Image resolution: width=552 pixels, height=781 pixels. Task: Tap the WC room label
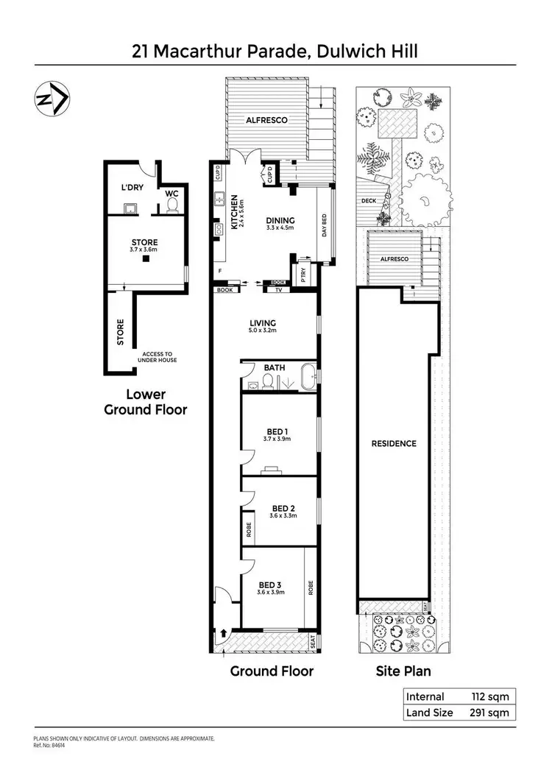coord(172,194)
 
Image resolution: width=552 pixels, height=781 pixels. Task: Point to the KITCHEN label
coord(235,212)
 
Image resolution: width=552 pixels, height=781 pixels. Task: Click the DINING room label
coord(280,220)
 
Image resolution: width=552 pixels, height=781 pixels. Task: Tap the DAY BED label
coord(325,225)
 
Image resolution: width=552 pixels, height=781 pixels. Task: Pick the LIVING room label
coord(263,322)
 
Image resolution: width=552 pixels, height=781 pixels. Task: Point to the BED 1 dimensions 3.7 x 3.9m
coord(277,439)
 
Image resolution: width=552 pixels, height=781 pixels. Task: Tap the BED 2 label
coord(283,508)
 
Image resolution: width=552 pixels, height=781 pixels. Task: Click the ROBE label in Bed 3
coord(311,587)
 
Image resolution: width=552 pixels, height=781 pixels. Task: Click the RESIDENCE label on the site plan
coord(394,443)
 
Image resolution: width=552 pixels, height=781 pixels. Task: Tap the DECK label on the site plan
coord(369,201)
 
